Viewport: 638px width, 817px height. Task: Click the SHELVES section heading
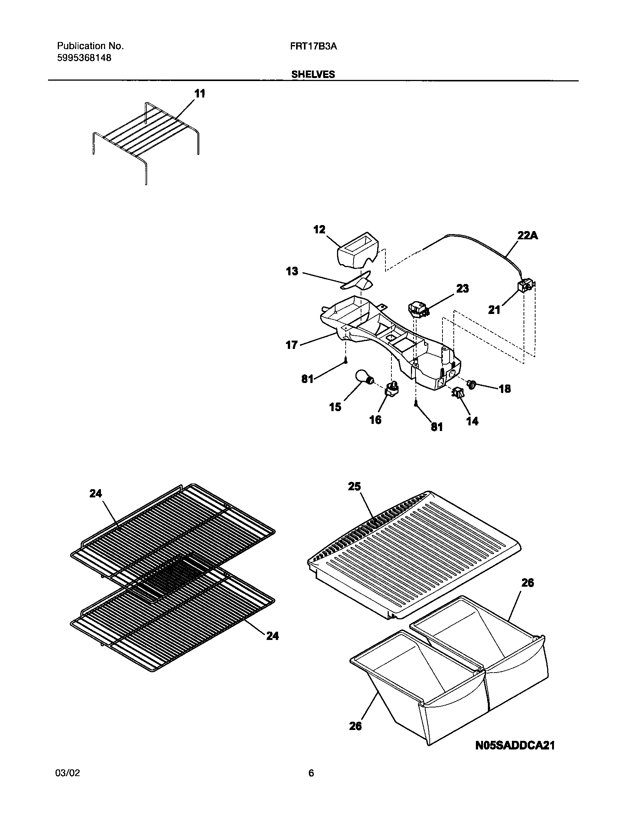coord(313,74)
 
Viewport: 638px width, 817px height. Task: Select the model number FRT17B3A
coord(313,46)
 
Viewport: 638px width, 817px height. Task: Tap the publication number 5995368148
coord(84,58)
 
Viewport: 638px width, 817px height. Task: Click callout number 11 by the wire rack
coord(200,94)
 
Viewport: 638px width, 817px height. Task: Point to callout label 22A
coord(527,236)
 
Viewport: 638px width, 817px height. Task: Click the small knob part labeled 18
coord(472,383)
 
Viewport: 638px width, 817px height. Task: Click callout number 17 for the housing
coord(292,345)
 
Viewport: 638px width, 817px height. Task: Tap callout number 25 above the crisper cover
coord(354,487)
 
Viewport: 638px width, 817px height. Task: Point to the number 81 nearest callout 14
coord(436,427)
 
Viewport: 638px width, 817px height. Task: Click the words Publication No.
coord(90,46)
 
